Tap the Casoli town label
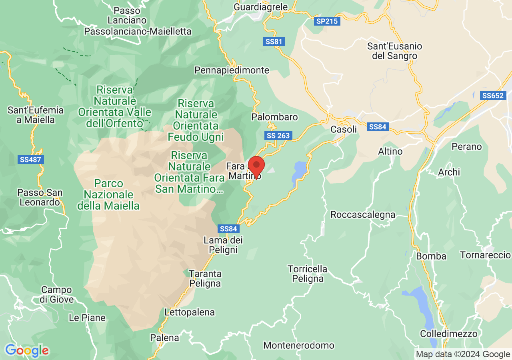(344, 130)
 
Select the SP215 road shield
(327, 22)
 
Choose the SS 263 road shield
(278, 136)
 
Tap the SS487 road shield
(30, 160)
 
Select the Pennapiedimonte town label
(232, 70)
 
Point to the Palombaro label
(274, 117)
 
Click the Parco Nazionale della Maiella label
(108, 195)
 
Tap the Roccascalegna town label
(362, 215)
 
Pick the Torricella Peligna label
(308, 274)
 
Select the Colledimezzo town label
(448, 334)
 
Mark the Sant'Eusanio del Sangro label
(394, 51)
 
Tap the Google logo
(27, 351)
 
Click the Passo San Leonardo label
(40, 198)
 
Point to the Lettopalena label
(190, 312)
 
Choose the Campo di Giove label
(57, 294)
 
